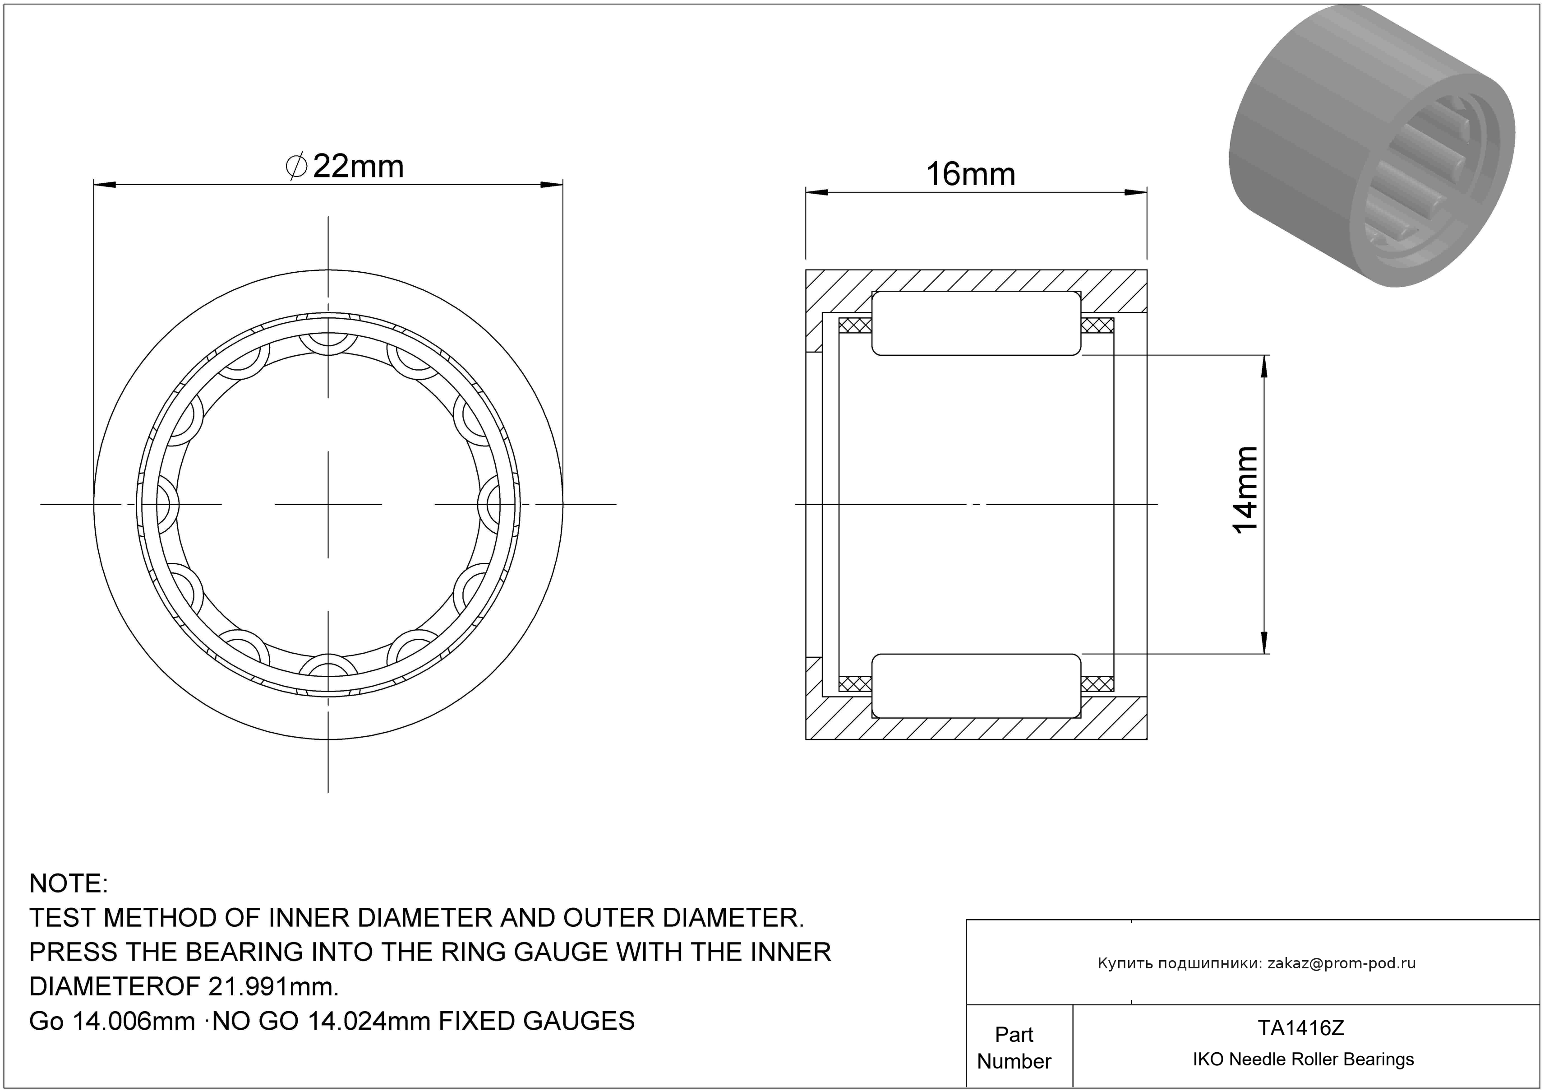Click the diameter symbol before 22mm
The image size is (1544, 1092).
(296, 167)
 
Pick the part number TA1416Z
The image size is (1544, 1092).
(1300, 1028)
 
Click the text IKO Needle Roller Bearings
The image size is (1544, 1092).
(1303, 1059)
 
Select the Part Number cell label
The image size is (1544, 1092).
(1014, 1048)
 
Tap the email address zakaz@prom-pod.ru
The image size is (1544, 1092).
(1341, 963)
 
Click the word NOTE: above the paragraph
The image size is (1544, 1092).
(69, 883)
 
